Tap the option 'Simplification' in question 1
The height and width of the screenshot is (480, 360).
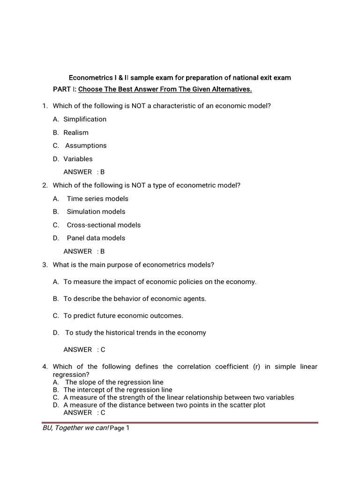pos(85,119)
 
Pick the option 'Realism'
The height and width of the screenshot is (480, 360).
pos(76,133)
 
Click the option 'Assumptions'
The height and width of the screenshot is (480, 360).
pos(86,146)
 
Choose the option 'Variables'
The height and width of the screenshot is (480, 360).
pos(78,159)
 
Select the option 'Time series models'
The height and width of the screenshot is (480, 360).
pos(97,199)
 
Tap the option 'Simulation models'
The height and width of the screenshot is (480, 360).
pos(96,212)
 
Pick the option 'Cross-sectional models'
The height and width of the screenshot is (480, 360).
pos(104,225)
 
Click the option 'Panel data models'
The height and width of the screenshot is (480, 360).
pos(96,238)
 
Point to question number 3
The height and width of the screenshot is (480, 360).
pos(45,265)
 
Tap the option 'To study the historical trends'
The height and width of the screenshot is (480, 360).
pos(135,333)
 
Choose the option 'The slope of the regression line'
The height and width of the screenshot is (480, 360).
pos(114,382)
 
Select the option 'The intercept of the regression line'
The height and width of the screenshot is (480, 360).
pos(118,390)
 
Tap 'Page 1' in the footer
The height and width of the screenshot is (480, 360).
pos(119,428)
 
